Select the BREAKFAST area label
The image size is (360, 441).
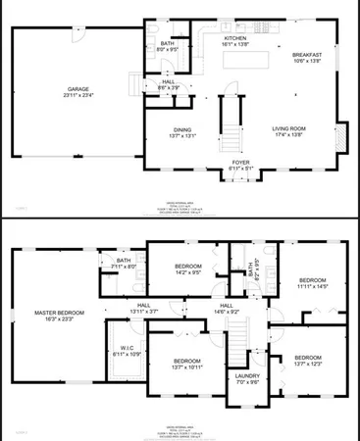[x=307, y=56]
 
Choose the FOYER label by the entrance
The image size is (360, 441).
[x=240, y=165]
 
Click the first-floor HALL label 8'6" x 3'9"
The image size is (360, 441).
[x=168, y=84]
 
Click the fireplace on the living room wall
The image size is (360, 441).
[x=342, y=136]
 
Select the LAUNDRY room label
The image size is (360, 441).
[x=246, y=378]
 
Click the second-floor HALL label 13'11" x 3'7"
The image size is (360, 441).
[x=143, y=309]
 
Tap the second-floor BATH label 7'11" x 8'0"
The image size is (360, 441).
[x=122, y=263]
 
